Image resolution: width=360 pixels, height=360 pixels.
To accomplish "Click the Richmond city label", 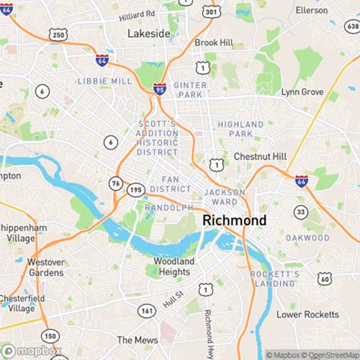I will (x=235, y=220).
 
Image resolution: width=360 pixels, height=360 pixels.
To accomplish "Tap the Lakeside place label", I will (x=148, y=34).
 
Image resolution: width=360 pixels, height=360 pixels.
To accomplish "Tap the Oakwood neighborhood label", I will (x=306, y=238).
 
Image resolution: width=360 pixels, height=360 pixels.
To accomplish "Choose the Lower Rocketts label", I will (x=307, y=315).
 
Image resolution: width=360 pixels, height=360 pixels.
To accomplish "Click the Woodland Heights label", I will (x=172, y=266).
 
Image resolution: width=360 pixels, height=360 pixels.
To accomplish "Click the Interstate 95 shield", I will (x=159, y=89).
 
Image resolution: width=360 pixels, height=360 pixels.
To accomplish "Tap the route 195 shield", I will (x=136, y=189).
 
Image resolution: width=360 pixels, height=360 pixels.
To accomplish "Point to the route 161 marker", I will (x=146, y=311).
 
